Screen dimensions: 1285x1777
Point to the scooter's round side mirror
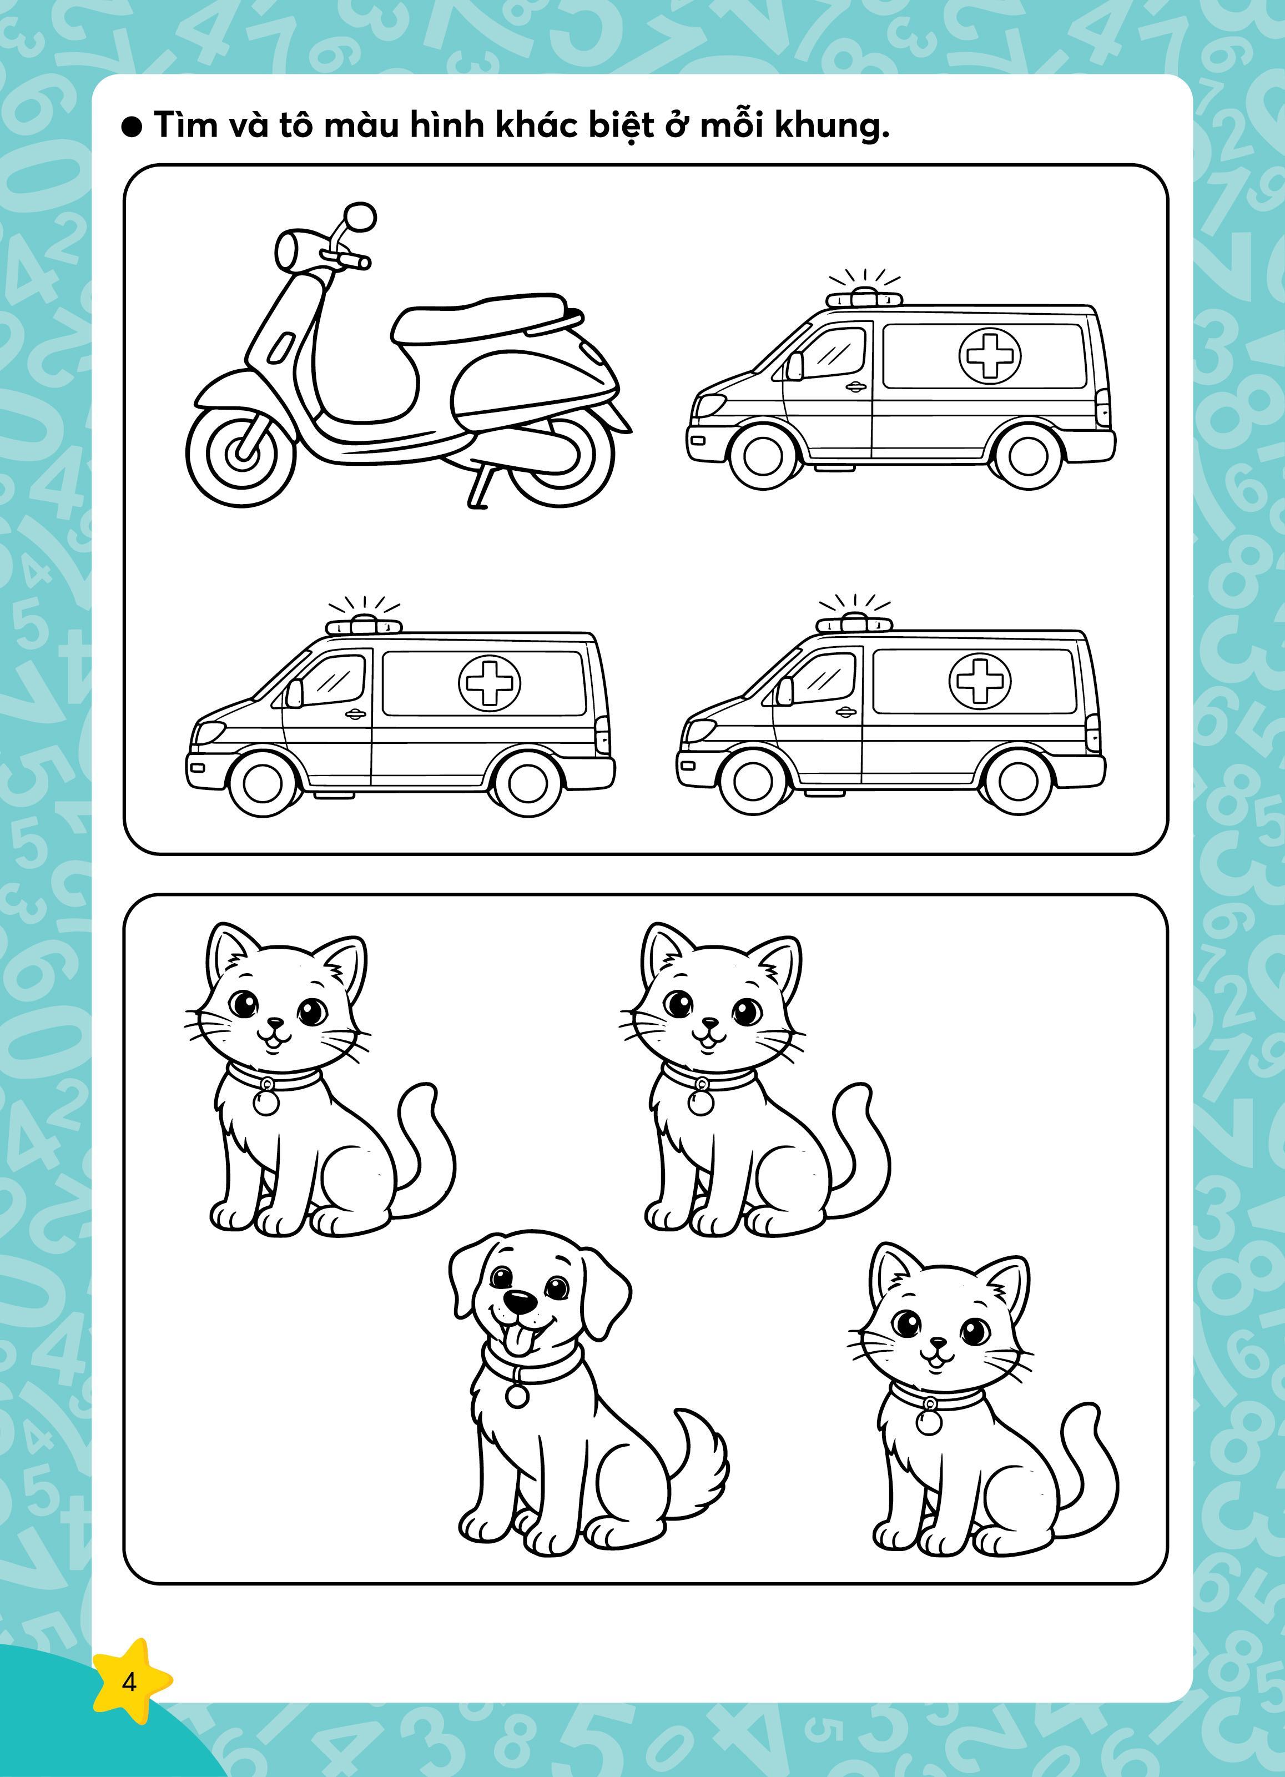[360, 217]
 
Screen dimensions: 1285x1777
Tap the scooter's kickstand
[481, 487]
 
